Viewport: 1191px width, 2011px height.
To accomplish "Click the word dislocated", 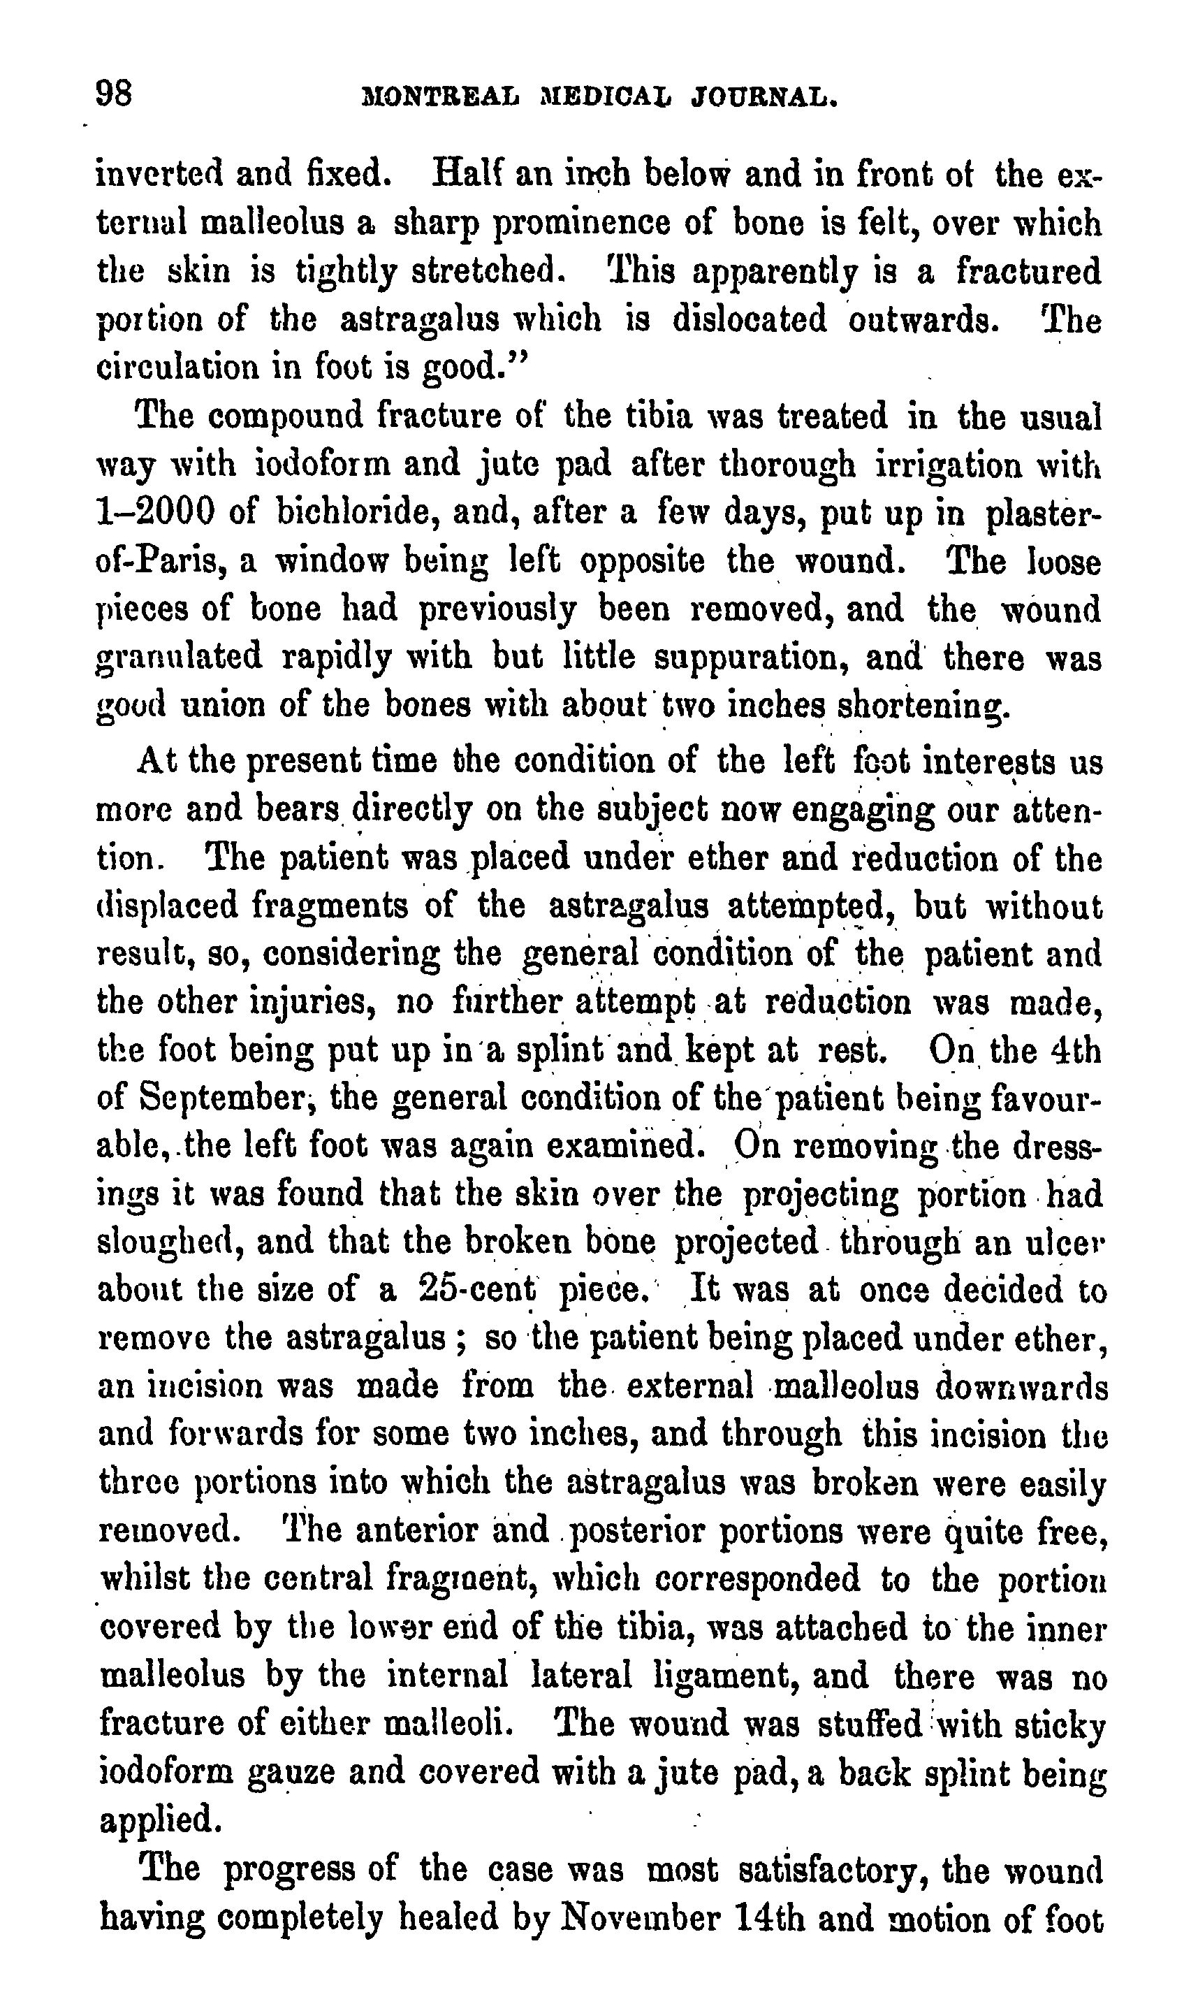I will coord(750,319).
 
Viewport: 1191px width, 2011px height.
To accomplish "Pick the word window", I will coord(332,561).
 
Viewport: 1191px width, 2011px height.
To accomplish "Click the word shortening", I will coord(921,706).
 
